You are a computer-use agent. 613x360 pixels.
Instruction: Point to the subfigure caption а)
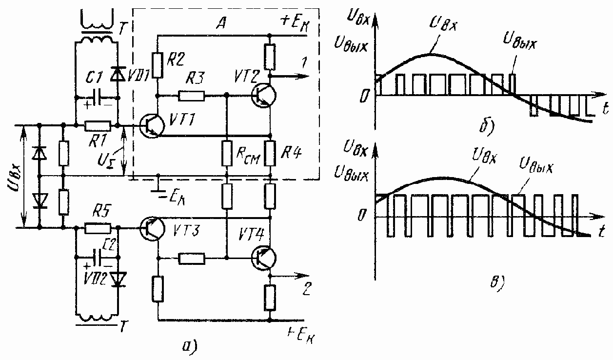[188, 345]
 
